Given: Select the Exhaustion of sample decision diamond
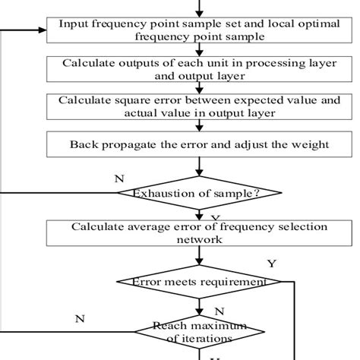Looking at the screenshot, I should click(x=199, y=194).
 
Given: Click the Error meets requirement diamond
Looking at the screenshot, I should click(x=199, y=282).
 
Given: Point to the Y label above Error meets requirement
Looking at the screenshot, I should click(x=272, y=264).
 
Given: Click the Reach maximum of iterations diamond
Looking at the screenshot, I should click(x=199, y=331).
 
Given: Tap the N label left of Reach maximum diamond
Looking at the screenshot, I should click(x=79, y=319).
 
